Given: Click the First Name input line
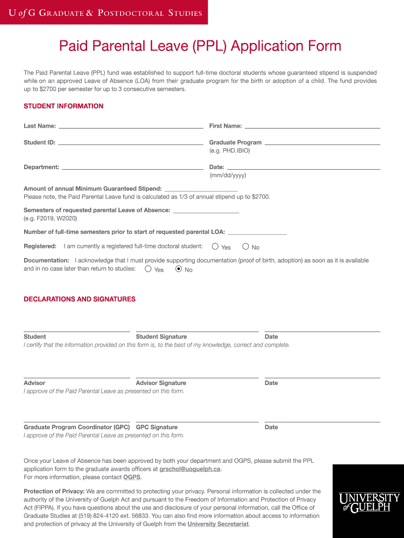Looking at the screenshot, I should pyautogui.click(x=312, y=126).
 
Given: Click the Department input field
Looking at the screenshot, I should pyautogui.click(x=132, y=167).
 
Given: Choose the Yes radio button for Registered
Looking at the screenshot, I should pyautogui.click(x=215, y=246).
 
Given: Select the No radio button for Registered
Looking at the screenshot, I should pyautogui.click(x=246, y=246).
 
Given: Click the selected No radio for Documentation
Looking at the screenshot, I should pyautogui.click(x=178, y=269).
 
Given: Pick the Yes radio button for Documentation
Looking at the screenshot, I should pyautogui.click(x=148, y=269).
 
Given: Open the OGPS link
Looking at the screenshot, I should pyautogui.click(x=132, y=477).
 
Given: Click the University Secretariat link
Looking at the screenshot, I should pyautogui.click(x=218, y=524).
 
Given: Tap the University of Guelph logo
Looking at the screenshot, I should pyautogui.click(x=369, y=502).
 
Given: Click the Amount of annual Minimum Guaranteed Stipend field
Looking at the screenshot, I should pyautogui.click(x=201, y=189).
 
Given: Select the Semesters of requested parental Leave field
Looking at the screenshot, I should pyautogui.click(x=206, y=210).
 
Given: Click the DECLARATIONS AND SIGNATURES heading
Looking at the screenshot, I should pyautogui.click(x=80, y=299).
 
